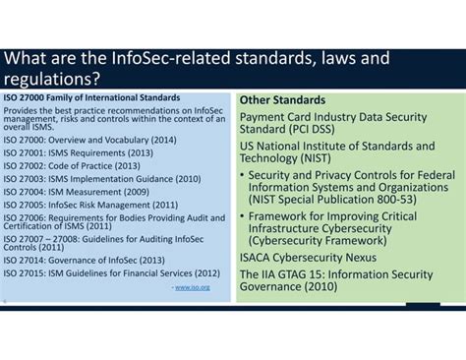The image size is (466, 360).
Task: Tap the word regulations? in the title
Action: (53, 78)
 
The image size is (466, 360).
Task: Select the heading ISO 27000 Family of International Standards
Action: (92, 97)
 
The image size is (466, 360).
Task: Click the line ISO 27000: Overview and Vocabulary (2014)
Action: (89, 140)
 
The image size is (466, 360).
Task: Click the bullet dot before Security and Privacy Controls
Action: (243, 175)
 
